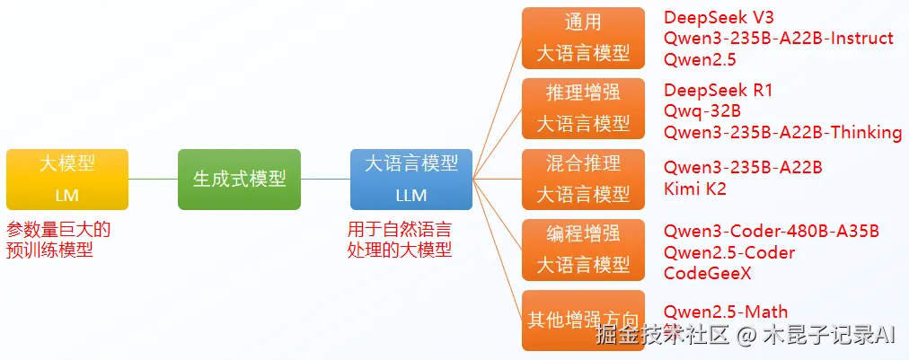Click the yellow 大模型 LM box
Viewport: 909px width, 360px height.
coord(67,179)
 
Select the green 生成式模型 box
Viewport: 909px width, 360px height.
coord(239,179)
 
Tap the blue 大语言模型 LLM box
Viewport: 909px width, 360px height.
coord(410,179)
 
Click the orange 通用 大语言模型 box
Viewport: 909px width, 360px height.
coord(583,38)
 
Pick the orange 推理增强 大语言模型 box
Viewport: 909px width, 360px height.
coord(583,107)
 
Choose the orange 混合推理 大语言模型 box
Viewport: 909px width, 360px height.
coord(583,178)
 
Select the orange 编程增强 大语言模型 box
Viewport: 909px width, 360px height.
coord(583,249)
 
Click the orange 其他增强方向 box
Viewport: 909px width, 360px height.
coord(583,320)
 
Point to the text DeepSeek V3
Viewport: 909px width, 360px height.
coord(719,17)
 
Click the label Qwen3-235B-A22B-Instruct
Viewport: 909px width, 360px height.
coord(778,39)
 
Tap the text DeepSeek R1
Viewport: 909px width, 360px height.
coord(718,90)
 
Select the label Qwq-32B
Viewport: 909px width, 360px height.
coord(702,111)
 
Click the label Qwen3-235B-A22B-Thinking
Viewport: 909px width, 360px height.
coord(782,133)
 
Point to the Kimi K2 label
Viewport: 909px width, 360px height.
coord(694,189)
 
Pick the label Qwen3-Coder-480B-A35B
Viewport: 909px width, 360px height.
coord(771,232)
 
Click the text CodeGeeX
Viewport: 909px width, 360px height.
coord(708,273)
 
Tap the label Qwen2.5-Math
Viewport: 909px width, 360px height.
coord(725,312)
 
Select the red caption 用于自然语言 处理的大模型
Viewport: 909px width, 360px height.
coord(399,240)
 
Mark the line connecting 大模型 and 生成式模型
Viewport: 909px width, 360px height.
coord(153,179)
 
